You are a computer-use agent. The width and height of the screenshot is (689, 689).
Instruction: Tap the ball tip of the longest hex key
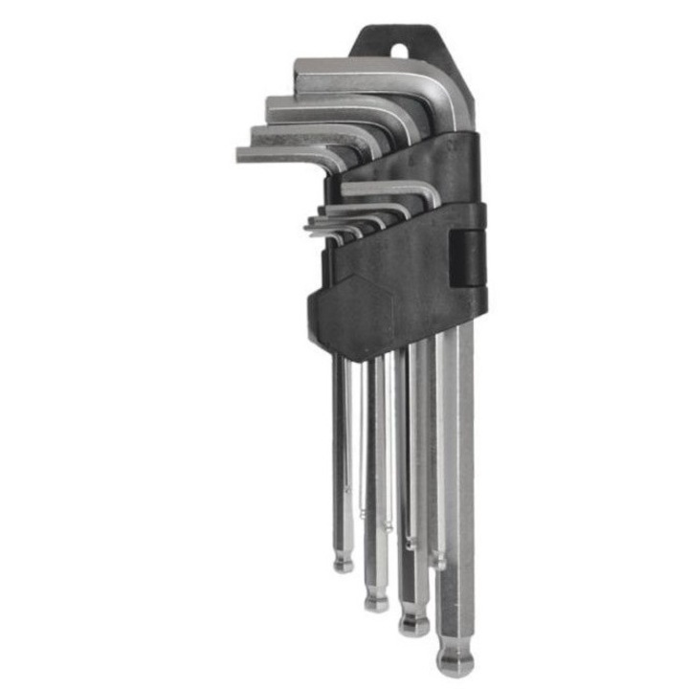tap(453, 660)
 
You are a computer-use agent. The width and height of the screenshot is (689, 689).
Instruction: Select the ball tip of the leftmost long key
tap(344, 565)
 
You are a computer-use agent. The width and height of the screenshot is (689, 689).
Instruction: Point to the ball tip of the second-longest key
tap(414, 624)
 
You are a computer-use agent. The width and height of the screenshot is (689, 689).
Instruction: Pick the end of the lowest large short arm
tap(241, 154)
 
